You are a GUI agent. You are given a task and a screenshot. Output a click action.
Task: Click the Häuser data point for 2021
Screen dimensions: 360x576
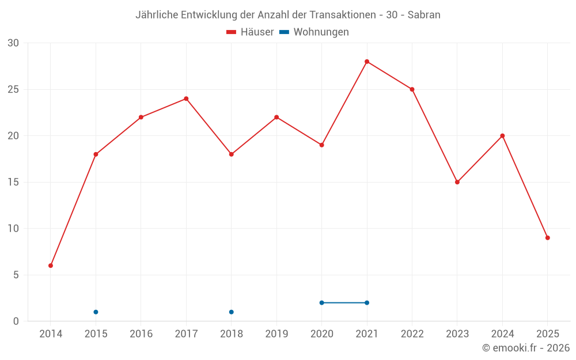pos(367,62)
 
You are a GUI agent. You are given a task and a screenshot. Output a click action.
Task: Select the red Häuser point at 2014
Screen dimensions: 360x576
pos(51,266)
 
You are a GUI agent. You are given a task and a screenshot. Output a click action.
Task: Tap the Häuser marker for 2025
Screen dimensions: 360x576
pos(547,238)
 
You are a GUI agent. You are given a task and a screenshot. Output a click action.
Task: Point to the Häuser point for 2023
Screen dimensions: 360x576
pos(457,182)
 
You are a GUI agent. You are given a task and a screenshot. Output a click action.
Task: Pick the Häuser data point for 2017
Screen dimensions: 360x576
pos(186,98)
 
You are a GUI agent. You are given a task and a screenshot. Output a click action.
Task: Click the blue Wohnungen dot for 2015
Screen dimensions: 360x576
pos(96,312)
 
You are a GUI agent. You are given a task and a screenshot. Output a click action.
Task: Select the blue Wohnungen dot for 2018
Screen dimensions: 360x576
pos(231,312)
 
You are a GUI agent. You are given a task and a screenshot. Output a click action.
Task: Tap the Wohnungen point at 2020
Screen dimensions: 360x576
pos(321,303)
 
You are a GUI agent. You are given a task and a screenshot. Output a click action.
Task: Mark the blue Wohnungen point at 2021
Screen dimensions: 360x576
pos(367,303)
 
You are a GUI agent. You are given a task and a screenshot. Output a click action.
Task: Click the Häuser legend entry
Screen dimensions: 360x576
pos(250,32)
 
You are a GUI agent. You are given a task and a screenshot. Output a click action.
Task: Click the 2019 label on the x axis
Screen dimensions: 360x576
pos(276,334)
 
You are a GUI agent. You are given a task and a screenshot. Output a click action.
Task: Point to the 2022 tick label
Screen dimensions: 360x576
pos(412,334)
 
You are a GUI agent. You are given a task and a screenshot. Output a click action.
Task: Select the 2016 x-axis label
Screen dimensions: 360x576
pos(141,334)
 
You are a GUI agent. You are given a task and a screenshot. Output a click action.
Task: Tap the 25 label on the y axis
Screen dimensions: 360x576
pos(13,89)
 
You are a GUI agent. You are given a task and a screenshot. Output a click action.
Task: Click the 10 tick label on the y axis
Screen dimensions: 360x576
pos(13,229)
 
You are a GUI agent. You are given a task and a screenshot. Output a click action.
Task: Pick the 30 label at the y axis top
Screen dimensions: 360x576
pos(13,43)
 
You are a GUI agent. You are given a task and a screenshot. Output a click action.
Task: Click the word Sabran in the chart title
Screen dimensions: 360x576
pos(424,15)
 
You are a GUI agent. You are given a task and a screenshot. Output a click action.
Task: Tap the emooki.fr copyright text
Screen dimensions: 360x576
pos(526,348)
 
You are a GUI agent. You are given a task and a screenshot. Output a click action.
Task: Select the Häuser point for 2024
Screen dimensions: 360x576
pos(502,136)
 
